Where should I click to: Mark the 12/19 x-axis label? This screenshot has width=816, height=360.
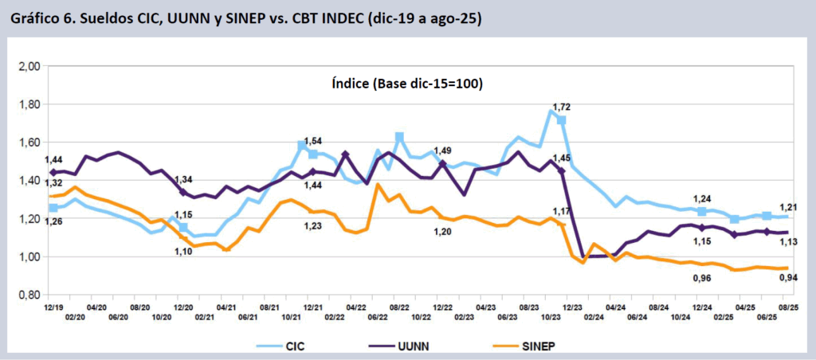tap(53, 307)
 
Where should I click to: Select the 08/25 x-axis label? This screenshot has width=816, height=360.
tap(788, 307)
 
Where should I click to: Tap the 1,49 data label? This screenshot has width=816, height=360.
tap(441, 151)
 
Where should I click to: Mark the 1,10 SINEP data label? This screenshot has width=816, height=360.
tap(182, 251)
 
